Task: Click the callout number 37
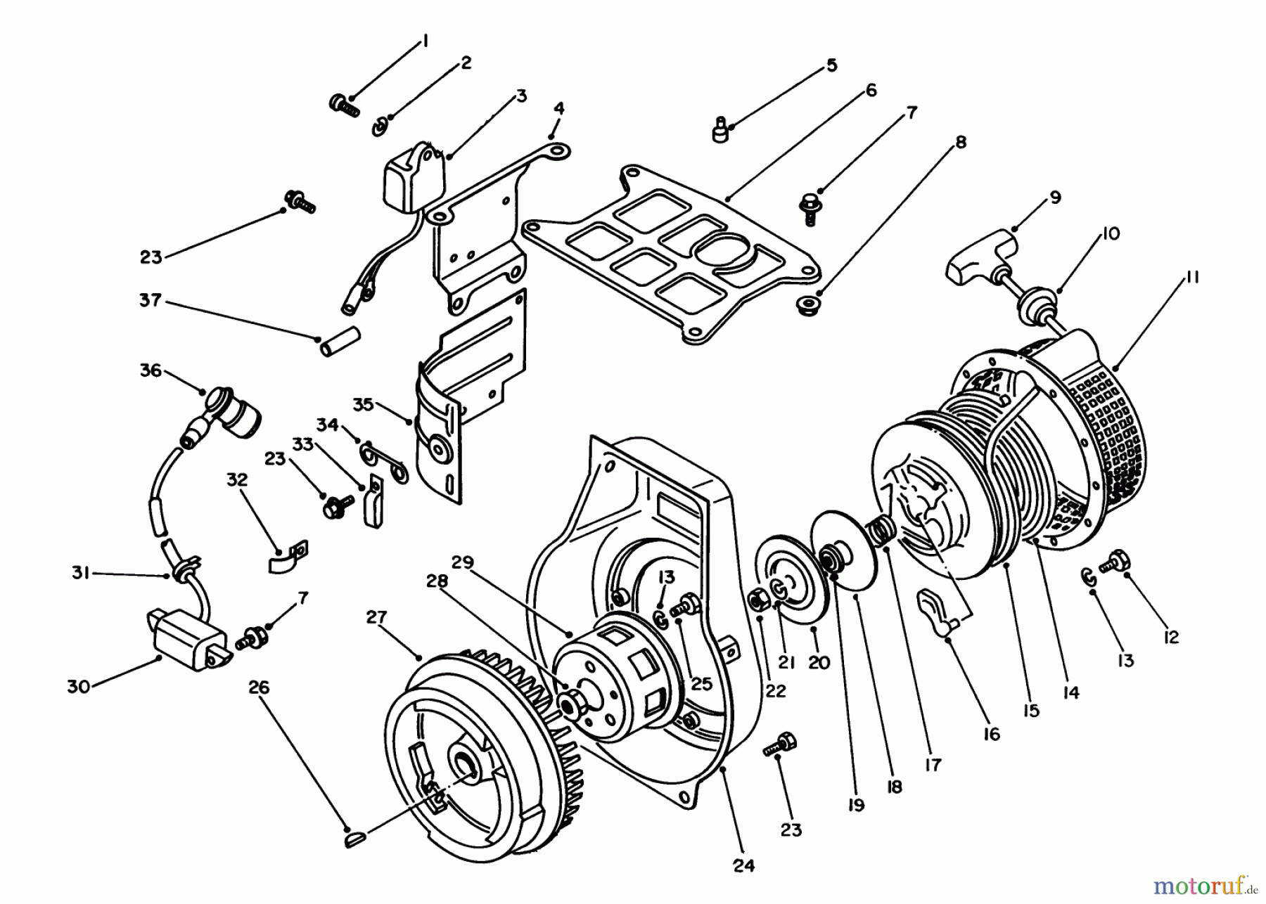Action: click(x=151, y=301)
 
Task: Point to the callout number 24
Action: click(x=743, y=865)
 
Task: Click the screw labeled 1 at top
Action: click(x=344, y=105)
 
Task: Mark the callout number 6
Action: click(x=871, y=90)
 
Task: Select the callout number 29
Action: click(x=462, y=563)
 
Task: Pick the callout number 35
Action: click(x=363, y=405)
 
